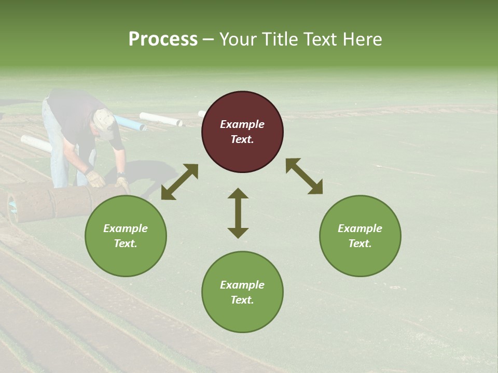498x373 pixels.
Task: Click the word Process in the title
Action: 163,39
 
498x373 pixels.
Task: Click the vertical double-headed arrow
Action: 238,213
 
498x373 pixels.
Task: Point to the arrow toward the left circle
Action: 179,182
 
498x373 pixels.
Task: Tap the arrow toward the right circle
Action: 304,176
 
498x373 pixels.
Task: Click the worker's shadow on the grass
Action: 135,174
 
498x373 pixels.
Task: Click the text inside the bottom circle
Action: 242,292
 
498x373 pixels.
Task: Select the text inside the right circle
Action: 360,236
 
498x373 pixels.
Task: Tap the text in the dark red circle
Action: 242,132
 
